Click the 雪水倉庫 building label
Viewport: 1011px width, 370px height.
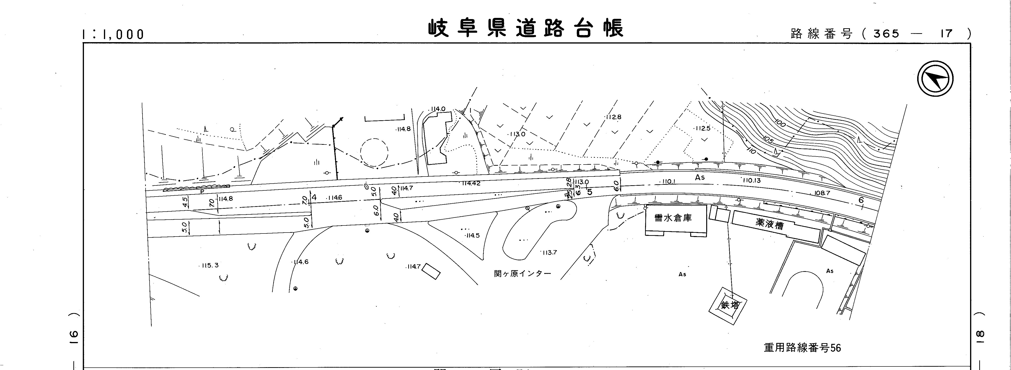pyautogui.click(x=673, y=218)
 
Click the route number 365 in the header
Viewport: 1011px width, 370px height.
pyautogui.click(x=886, y=34)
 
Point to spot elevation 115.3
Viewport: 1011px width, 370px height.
pyautogui.click(x=210, y=265)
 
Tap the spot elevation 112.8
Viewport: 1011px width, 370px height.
pyautogui.click(x=613, y=117)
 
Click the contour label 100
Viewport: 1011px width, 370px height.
pyautogui.click(x=781, y=124)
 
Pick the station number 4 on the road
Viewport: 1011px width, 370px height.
pyautogui.click(x=314, y=197)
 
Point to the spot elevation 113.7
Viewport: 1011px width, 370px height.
pyautogui.click(x=549, y=253)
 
